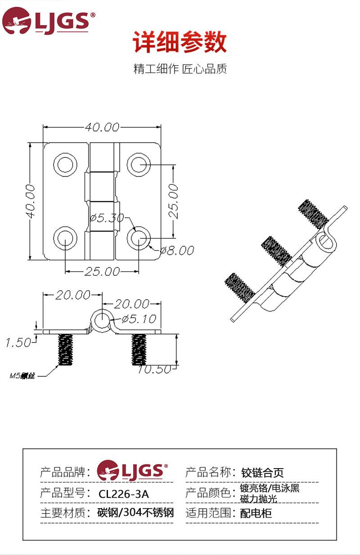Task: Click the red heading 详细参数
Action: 180,43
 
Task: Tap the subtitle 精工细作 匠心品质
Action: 180,69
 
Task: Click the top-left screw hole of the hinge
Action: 65,165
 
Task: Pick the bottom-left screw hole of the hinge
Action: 65,238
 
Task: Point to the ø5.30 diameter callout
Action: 107,218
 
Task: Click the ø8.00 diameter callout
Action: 177,250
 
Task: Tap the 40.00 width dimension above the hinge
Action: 102,127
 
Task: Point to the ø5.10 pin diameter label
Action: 139,319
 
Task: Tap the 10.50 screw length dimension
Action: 154,370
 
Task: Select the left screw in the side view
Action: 66,350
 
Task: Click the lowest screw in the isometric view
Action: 239,287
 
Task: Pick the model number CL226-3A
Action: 124,494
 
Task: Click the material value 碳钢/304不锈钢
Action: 135,513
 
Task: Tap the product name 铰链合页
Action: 262,473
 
